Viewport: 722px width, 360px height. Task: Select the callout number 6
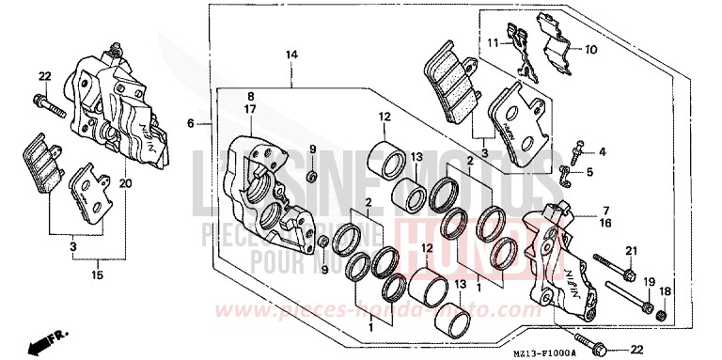click(191, 123)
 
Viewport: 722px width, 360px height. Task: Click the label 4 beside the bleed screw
click(602, 151)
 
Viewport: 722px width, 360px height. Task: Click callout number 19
click(648, 281)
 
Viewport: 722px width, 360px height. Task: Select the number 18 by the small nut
click(665, 292)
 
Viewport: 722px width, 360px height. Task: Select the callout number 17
click(251, 109)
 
